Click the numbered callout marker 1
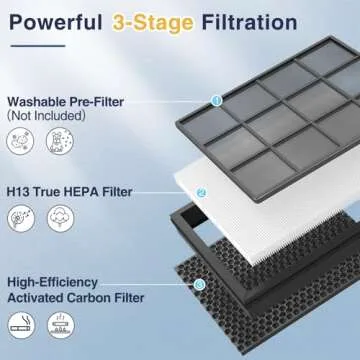(216, 99)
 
